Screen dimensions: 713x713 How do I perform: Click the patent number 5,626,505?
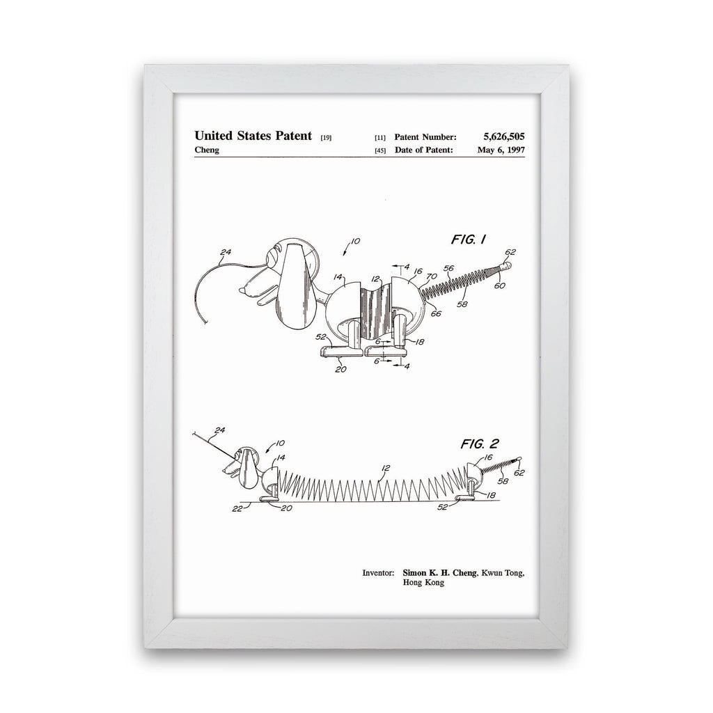504,136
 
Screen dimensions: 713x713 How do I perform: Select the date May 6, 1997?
501,150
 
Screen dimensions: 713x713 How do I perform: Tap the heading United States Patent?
253,136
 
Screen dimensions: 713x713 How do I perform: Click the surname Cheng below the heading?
207,150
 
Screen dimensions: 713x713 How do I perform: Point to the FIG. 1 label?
469,240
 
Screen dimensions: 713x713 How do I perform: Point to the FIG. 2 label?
480,444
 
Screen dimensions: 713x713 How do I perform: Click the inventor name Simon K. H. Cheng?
440,572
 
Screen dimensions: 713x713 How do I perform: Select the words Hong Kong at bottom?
423,583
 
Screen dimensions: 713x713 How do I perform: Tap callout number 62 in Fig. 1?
510,252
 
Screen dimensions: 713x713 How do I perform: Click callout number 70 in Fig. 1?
432,276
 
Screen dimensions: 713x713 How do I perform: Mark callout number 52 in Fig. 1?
321,337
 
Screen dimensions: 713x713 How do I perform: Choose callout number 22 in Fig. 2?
237,509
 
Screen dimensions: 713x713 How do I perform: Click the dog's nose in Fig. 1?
243,288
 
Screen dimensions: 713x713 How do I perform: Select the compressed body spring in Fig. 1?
376,313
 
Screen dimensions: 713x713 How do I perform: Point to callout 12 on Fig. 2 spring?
386,468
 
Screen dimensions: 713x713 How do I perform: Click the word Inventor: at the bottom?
378,572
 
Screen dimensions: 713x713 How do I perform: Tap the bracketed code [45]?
380,150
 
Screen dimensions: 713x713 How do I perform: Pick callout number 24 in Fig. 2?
220,430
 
